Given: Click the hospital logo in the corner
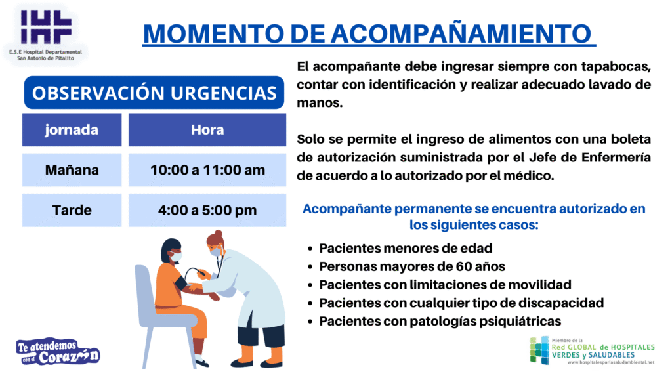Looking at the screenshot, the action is point(45,34).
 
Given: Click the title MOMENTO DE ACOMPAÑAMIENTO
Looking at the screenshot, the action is point(369,33).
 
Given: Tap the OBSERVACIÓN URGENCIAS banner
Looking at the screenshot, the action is point(154,93).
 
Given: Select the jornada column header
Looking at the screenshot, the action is point(72,129).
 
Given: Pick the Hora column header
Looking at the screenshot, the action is point(207,129).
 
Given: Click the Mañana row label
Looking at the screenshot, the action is point(72,170).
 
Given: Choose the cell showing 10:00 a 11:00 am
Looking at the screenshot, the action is point(207,170).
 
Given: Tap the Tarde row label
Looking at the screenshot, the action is point(72,210).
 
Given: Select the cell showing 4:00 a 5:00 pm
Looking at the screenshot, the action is point(207,210).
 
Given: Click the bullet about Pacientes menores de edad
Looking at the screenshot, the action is point(400,248).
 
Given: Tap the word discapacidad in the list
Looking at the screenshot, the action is point(561,303).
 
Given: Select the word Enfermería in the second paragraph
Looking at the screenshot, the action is point(616,157).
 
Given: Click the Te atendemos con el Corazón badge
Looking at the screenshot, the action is point(58,352).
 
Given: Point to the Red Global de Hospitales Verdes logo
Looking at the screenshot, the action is point(593,350).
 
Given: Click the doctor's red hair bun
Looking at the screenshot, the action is point(219,234).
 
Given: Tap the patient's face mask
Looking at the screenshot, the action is point(176,257).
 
